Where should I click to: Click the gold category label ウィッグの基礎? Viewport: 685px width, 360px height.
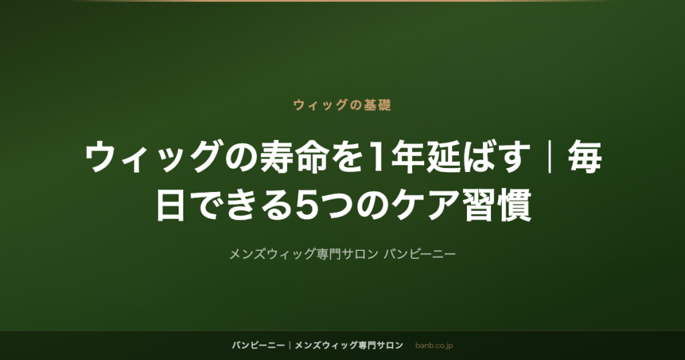pyautogui.click(x=342, y=105)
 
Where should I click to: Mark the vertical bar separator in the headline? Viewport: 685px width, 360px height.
pyautogui.click(x=549, y=157)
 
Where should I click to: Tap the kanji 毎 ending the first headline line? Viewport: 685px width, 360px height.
pyautogui.click(x=585, y=157)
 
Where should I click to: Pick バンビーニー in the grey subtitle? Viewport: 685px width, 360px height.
pyautogui.click(x=419, y=254)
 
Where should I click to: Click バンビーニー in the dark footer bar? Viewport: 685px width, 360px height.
pyautogui.click(x=258, y=345)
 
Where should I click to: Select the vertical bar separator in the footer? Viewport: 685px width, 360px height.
pyautogui.click(x=290, y=345)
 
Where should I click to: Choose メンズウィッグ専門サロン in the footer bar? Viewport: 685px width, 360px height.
pyautogui.click(x=349, y=345)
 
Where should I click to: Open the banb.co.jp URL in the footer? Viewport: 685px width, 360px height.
pyautogui.click(x=433, y=345)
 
